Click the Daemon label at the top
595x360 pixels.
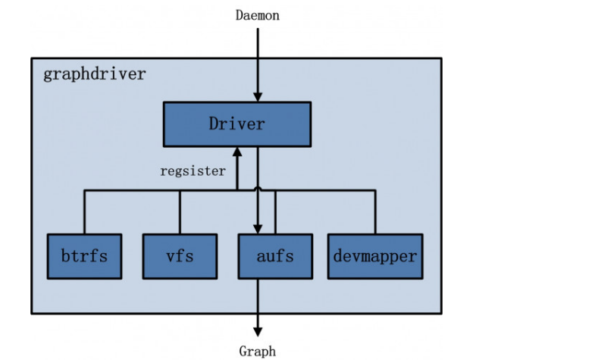click(257, 15)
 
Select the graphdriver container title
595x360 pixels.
click(94, 74)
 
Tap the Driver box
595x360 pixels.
click(236, 124)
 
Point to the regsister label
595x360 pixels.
click(193, 171)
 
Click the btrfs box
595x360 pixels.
click(84, 256)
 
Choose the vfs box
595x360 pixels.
click(180, 256)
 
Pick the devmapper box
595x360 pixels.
click(374, 256)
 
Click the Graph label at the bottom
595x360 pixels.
click(258, 351)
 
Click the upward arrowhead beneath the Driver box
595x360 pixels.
click(237, 152)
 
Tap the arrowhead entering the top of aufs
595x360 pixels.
click(258, 228)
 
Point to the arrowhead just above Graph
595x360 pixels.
click(258, 331)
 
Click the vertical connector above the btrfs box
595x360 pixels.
click(84, 212)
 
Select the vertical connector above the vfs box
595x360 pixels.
click(180, 212)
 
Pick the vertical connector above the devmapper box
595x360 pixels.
click(374, 212)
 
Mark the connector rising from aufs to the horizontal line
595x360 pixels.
click(275, 212)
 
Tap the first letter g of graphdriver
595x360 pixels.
click(48, 75)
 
